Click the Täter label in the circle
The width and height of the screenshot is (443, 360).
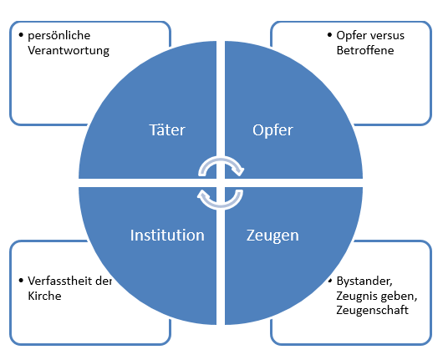click(167, 129)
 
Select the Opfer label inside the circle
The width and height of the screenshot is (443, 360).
click(272, 130)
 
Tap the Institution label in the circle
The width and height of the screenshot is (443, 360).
click(167, 236)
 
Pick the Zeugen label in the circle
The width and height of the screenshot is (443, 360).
click(272, 236)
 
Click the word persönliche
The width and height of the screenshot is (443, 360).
click(59, 36)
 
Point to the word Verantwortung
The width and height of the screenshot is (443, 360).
click(69, 51)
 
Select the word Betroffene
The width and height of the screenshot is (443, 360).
click(365, 50)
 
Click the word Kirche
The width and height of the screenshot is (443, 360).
click(44, 296)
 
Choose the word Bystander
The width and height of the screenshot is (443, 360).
click(364, 281)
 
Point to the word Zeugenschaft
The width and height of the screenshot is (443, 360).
click(372, 311)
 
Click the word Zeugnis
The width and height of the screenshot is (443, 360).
click(355, 297)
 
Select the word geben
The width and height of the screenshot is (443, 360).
click(397, 297)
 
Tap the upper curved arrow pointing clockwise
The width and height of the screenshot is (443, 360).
click(221, 160)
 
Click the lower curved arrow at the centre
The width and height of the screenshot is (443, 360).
click(220, 206)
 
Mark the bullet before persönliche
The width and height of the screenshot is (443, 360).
click(21, 35)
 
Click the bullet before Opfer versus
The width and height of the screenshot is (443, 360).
click(329, 35)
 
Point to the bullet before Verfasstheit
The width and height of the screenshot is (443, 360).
click(21, 281)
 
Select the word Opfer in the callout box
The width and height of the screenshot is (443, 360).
click(351, 36)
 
